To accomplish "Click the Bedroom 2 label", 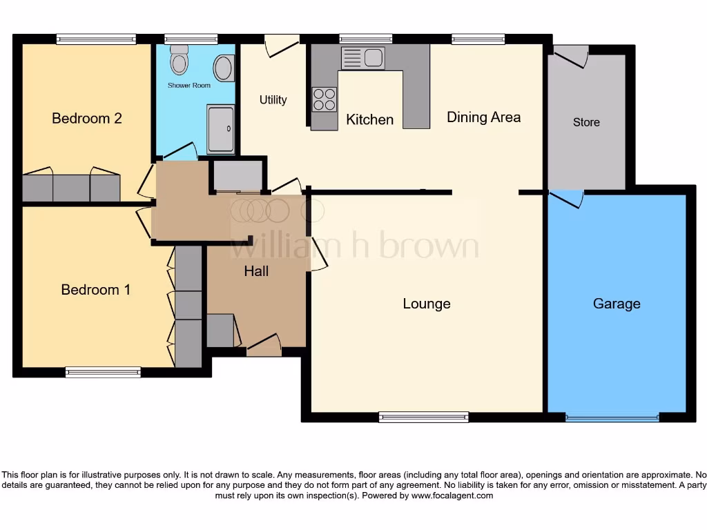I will [x=87, y=118].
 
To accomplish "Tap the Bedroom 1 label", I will [x=95, y=289].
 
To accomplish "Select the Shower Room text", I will [x=188, y=86].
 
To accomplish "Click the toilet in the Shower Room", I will [x=180, y=60].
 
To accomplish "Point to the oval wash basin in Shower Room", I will [x=223, y=69].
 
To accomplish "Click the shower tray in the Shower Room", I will [x=221, y=129].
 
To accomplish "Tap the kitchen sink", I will [x=362, y=58].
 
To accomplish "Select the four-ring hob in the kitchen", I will [x=325, y=99].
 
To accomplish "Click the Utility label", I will [x=273, y=100].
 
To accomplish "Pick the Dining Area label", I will [x=483, y=117].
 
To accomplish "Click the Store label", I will [x=586, y=122].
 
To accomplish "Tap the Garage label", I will [x=617, y=304].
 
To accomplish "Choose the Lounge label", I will [x=427, y=304].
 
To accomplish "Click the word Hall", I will [x=256, y=271].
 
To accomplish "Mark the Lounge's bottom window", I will [x=423, y=417].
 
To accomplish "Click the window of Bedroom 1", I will [x=103, y=373].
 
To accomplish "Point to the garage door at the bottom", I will [x=612, y=417].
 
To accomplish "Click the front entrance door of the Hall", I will [x=264, y=346].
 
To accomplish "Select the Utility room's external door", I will [x=281, y=45].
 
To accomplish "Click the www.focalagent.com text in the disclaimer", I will [x=452, y=495].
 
